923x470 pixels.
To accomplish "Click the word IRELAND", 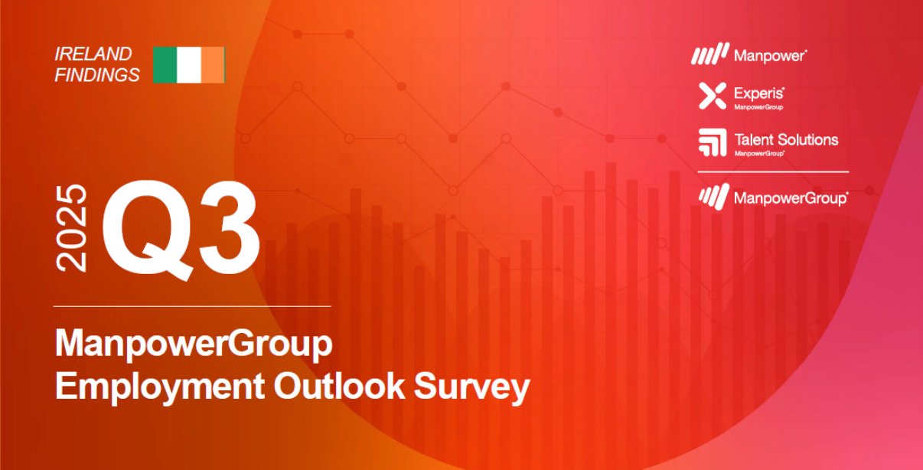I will tap(93, 54).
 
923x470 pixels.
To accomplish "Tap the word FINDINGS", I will tap(97, 74).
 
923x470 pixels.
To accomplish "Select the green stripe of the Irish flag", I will tap(165, 65).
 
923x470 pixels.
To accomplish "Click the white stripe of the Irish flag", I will tap(189, 65).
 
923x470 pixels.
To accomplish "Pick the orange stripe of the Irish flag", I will tap(213, 65).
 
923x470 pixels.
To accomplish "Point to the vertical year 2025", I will tap(73, 228).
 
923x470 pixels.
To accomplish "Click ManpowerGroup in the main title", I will tap(194, 344).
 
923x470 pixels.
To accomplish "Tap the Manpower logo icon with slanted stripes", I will tap(710, 54).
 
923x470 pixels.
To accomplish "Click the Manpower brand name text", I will tap(771, 55).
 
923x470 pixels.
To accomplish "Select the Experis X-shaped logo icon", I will tap(712, 96).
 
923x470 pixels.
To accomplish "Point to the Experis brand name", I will tap(759, 93).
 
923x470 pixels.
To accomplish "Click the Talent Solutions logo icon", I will tap(712, 142).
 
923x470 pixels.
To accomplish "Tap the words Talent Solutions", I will tap(786, 139).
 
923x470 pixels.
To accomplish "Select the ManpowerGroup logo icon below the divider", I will tap(713, 196).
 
